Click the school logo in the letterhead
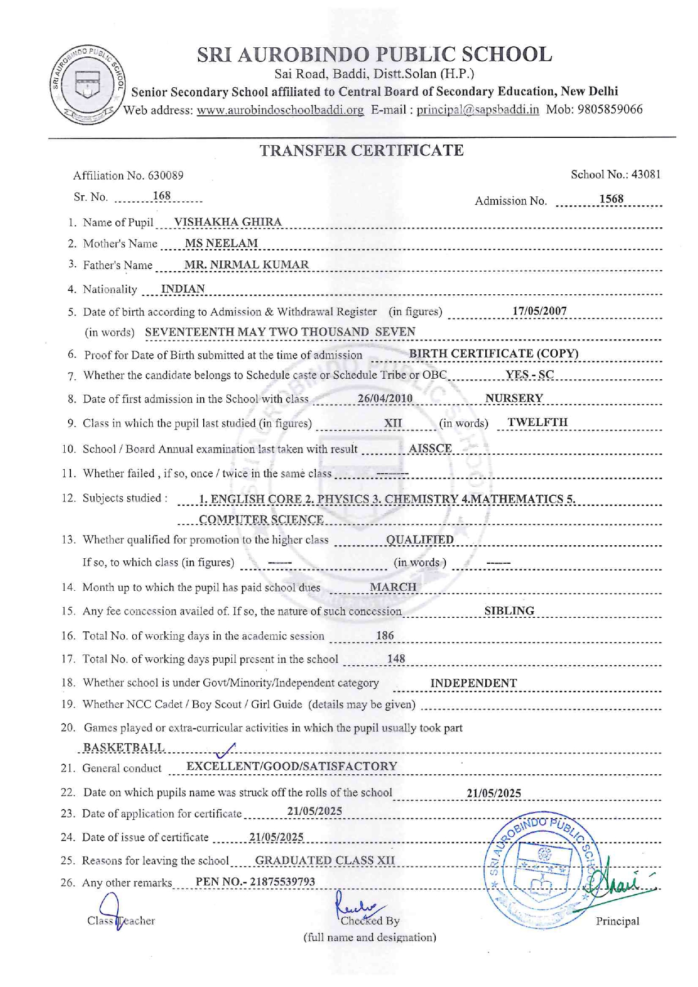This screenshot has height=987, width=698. point(88,84)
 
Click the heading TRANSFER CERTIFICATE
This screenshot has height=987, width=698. point(361,151)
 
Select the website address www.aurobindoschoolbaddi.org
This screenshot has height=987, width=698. point(280,110)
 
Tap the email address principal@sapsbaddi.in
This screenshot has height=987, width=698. point(478,110)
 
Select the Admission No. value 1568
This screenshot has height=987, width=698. point(611,199)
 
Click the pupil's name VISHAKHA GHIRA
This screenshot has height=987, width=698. point(228,222)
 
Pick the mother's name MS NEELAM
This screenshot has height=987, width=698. point(221,243)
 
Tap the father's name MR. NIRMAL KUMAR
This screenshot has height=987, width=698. point(247,264)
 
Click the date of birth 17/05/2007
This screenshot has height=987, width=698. point(539,311)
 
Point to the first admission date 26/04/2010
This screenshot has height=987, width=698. point(385,398)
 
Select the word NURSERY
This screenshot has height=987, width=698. point(514,398)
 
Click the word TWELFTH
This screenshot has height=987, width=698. point(538,423)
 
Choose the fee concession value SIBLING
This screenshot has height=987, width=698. point(509,611)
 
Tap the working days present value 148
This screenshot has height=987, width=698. point(396,658)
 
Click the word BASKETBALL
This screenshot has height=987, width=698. point(124,747)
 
